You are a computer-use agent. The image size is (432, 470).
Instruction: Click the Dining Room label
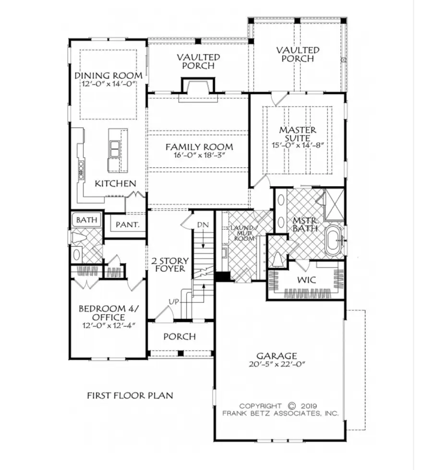click(108, 76)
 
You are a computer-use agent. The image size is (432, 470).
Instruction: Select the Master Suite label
click(298, 134)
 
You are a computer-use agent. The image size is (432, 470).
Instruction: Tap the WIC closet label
click(306, 279)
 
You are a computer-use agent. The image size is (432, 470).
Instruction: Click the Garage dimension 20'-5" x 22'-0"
click(276, 364)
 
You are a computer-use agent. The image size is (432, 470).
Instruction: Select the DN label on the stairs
click(202, 224)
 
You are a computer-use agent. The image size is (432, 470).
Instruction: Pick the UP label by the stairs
click(174, 301)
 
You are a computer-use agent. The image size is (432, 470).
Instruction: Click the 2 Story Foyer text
click(170, 264)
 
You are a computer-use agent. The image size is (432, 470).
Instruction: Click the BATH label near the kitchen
click(86, 220)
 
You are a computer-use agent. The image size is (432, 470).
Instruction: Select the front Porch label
click(180, 337)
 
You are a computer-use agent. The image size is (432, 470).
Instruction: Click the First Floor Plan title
click(130, 396)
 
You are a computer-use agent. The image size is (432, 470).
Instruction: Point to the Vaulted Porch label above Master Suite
click(298, 54)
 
